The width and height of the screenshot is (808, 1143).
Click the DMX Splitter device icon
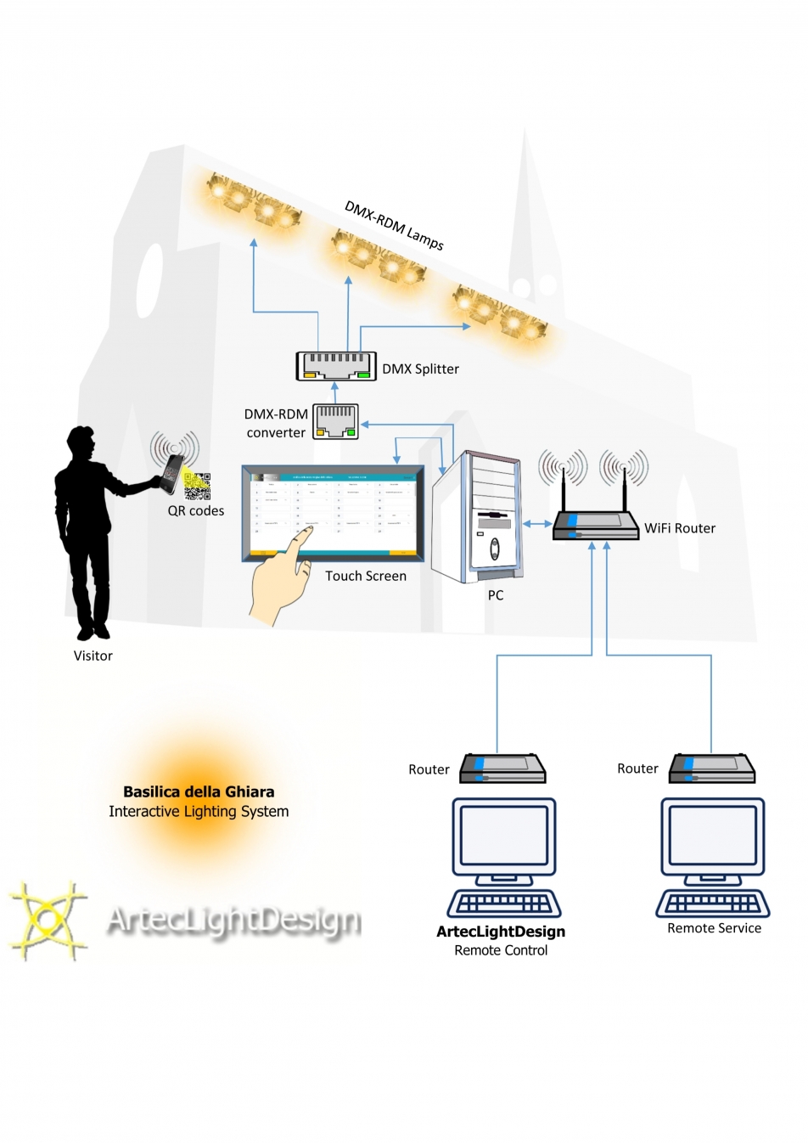click(x=336, y=365)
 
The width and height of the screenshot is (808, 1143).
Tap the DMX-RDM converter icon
click(x=336, y=420)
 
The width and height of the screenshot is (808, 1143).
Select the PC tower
click(x=477, y=518)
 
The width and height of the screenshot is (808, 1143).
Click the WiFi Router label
click(x=680, y=528)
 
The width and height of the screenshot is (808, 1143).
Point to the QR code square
click(x=197, y=486)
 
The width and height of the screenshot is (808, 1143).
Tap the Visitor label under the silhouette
click(x=93, y=656)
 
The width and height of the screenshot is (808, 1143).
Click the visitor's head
click(x=81, y=442)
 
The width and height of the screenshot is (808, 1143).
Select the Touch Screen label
click(x=366, y=576)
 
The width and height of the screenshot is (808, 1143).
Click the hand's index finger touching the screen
click(x=303, y=535)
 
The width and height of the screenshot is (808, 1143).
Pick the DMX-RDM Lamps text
click(x=395, y=225)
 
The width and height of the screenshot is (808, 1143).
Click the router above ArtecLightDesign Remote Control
click(x=502, y=769)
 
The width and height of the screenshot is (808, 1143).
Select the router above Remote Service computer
click(x=712, y=769)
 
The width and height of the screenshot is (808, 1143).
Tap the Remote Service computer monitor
click(x=713, y=836)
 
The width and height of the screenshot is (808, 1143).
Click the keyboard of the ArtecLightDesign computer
click(x=504, y=903)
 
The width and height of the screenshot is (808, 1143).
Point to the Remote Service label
click(x=714, y=928)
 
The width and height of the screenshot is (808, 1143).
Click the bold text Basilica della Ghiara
click(x=199, y=791)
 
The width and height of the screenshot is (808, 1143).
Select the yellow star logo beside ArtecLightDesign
click(x=48, y=921)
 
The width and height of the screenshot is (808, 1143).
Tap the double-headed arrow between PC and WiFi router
click(x=536, y=524)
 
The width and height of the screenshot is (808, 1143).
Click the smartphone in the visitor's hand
click(x=172, y=472)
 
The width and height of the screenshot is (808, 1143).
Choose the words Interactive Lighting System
click(x=199, y=812)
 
